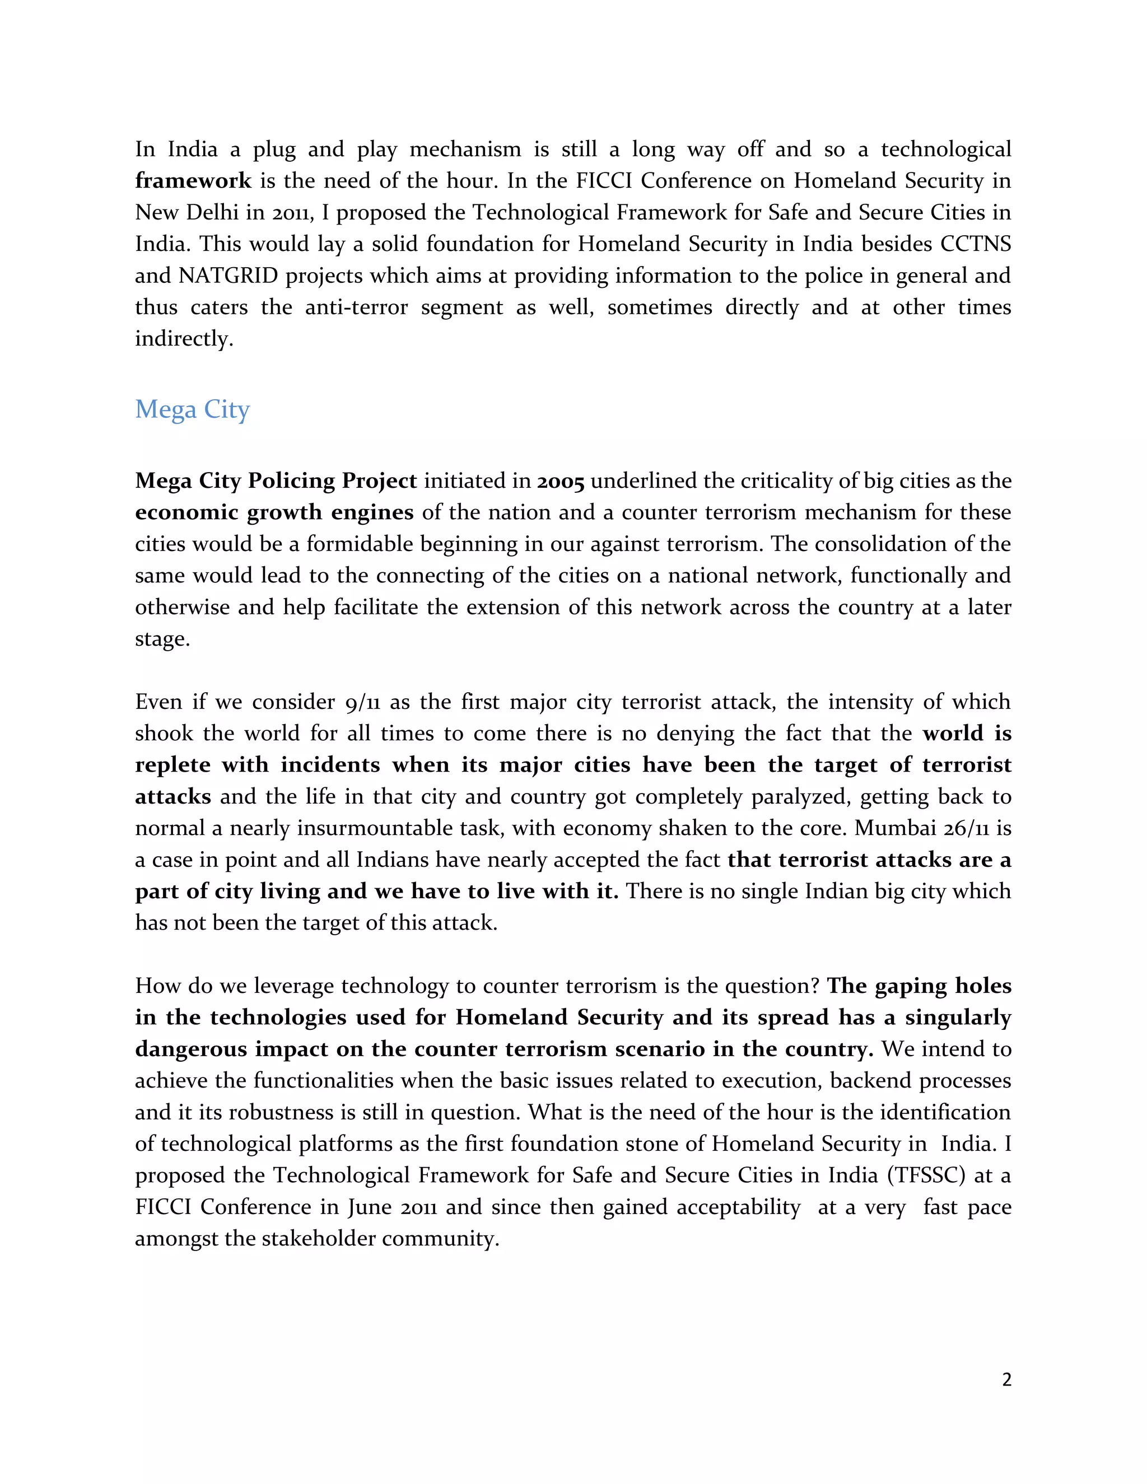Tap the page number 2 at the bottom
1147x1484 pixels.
(1006, 1380)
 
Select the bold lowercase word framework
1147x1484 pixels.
(193, 181)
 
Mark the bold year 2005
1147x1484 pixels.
(561, 481)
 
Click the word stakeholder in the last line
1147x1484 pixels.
(318, 1239)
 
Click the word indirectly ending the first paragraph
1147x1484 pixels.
(184, 339)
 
